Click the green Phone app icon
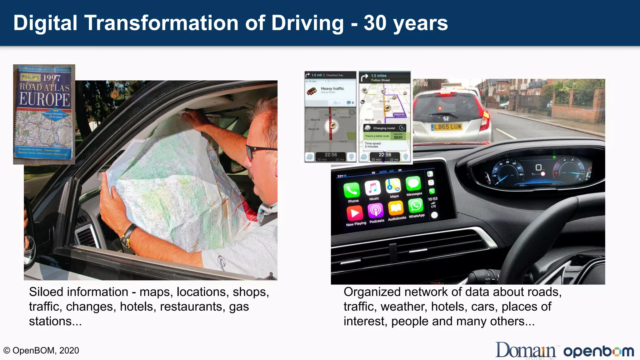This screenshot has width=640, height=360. tap(352, 190)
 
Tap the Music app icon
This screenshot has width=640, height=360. tap(372, 188)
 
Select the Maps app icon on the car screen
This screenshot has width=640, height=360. tap(393, 186)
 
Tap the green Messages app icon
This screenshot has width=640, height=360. tap(413, 183)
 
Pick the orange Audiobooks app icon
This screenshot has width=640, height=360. tap(396, 208)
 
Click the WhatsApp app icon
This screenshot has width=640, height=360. tap(416, 206)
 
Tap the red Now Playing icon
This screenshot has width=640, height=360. tap(355, 213)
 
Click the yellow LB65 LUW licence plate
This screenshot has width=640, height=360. tap(447, 127)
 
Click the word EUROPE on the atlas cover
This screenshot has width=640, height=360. tap(45, 99)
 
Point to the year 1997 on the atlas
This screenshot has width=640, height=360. tap(52, 77)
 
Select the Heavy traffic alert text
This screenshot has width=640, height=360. tap(332, 89)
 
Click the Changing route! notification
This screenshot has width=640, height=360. tap(384, 128)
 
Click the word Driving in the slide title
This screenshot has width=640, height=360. tap(307, 23)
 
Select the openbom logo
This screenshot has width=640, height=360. tap(598, 351)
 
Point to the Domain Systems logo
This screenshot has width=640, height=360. tap(526, 351)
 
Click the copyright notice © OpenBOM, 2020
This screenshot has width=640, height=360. tap(41, 351)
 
